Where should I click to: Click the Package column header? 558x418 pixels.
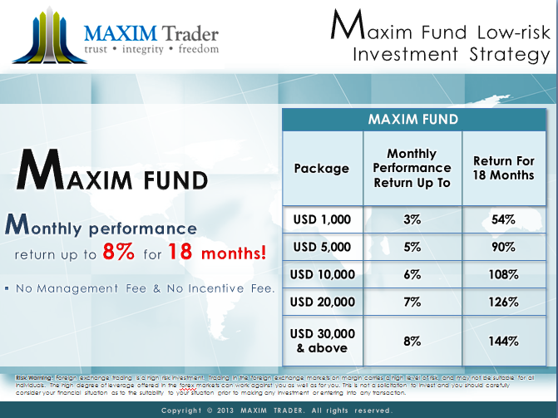[x=322, y=168]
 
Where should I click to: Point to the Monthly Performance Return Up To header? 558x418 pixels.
[x=411, y=168]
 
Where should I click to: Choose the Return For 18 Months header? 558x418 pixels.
[x=503, y=168]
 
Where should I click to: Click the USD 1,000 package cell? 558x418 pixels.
[x=322, y=219]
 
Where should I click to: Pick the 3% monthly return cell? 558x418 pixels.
[x=411, y=219]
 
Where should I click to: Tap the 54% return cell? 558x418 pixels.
[x=503, y=219]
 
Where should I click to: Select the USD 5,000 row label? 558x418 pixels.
[x=322, y=247]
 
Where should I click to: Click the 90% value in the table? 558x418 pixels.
[x=503, y=247]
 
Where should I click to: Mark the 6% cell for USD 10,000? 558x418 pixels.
[x=411, y=274]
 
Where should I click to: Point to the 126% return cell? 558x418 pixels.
[x=503, y=302]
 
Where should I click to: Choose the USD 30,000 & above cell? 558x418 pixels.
[x=322, y=340]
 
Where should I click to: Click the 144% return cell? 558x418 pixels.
[x=503, y=340]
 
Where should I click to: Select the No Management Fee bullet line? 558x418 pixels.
[x=142, y=288]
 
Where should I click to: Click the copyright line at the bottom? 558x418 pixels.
[x=277, y=411]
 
